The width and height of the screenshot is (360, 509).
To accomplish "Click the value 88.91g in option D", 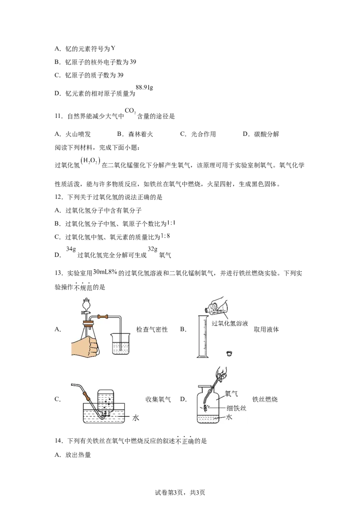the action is tap(144, 87).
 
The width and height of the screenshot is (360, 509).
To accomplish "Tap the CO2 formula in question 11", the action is tap(130, 111).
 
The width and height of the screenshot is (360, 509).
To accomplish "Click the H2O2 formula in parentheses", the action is tap(90, 161).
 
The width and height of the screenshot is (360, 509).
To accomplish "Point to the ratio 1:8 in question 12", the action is tap(166, 236).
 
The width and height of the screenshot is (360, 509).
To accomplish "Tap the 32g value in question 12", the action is tap(153, 249).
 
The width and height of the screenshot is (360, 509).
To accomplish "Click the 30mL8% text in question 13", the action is tap(105, 272).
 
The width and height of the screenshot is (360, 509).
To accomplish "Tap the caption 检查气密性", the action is tap(152, 330).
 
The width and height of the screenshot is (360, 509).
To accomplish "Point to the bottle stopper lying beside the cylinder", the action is tap(229, 353).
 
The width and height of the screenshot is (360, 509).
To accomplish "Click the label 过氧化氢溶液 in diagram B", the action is tap(229, 323).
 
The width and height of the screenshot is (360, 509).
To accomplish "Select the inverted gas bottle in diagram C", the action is tap(106, 402).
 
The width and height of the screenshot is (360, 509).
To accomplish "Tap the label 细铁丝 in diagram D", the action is tap(237, 408).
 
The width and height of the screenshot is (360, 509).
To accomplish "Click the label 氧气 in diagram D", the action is tap(231, 394).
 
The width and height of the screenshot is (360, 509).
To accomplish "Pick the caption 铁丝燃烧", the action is tap(265, 399).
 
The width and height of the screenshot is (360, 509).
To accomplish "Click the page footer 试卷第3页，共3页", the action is tap(180, 492).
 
